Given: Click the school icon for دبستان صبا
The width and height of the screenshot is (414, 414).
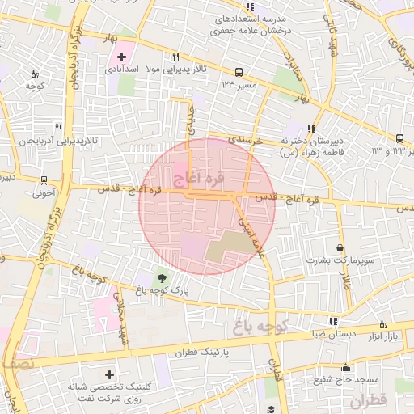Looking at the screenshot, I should tap(334, 322).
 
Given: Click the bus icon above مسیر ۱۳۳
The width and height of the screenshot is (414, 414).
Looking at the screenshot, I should tap(238, 71).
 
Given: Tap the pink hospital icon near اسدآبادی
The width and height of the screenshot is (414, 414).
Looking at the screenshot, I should tap(122, 57).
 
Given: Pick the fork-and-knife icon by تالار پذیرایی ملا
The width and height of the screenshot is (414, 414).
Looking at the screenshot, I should tap(175, 57).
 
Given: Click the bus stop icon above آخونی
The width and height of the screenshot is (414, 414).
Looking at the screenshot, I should tap(44, 180).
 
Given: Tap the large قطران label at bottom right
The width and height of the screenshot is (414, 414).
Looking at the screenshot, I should tap(369, 400).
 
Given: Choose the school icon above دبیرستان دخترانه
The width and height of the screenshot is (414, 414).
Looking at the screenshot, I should tap(311, 128).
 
